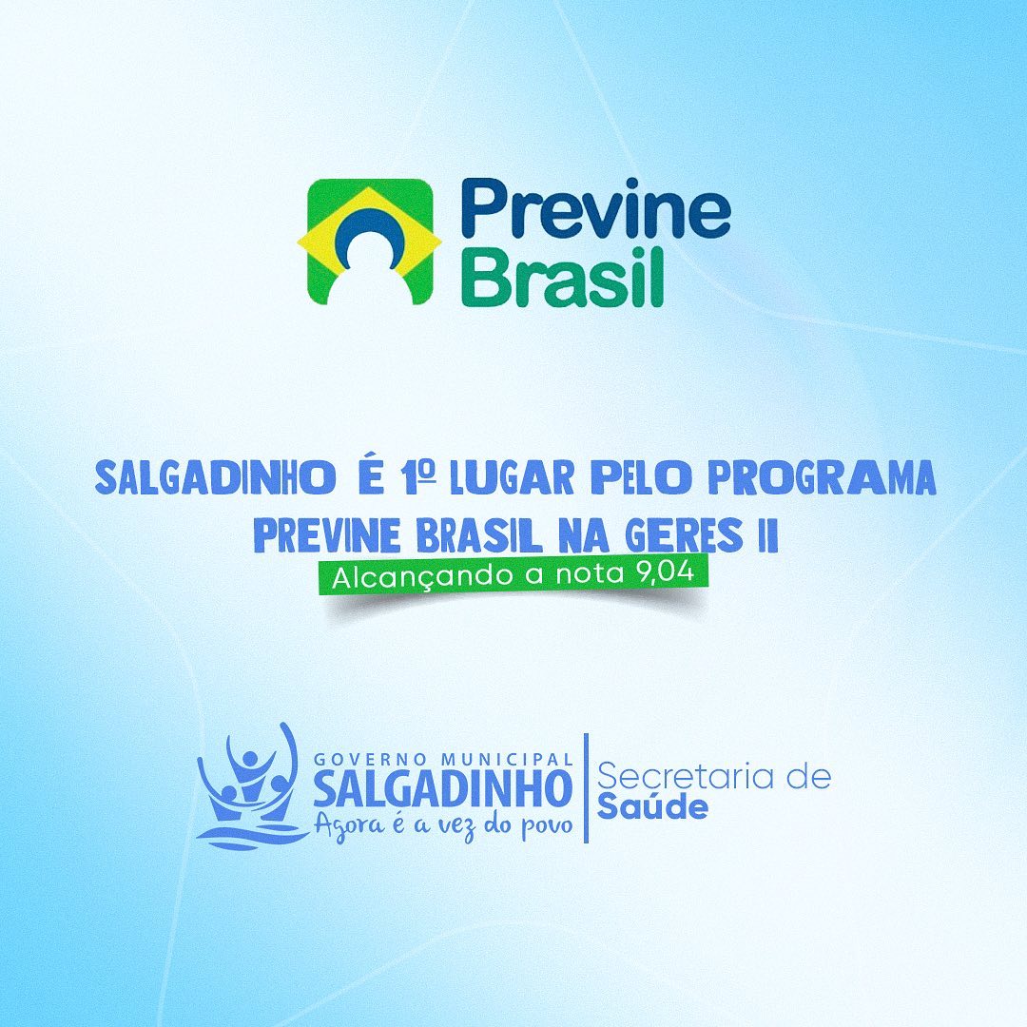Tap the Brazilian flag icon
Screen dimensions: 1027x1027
[x=369, y=242]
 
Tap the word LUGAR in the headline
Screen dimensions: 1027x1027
[x=512, y=477]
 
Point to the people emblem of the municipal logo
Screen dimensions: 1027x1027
[x=252, y=786]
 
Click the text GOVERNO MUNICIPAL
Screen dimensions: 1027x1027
[x=443, y=759]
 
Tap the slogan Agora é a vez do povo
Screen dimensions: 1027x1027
[x=443, y=825]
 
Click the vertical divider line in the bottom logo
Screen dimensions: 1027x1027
[x=586, y=788]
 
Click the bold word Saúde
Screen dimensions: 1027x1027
[x=652, y=806]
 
